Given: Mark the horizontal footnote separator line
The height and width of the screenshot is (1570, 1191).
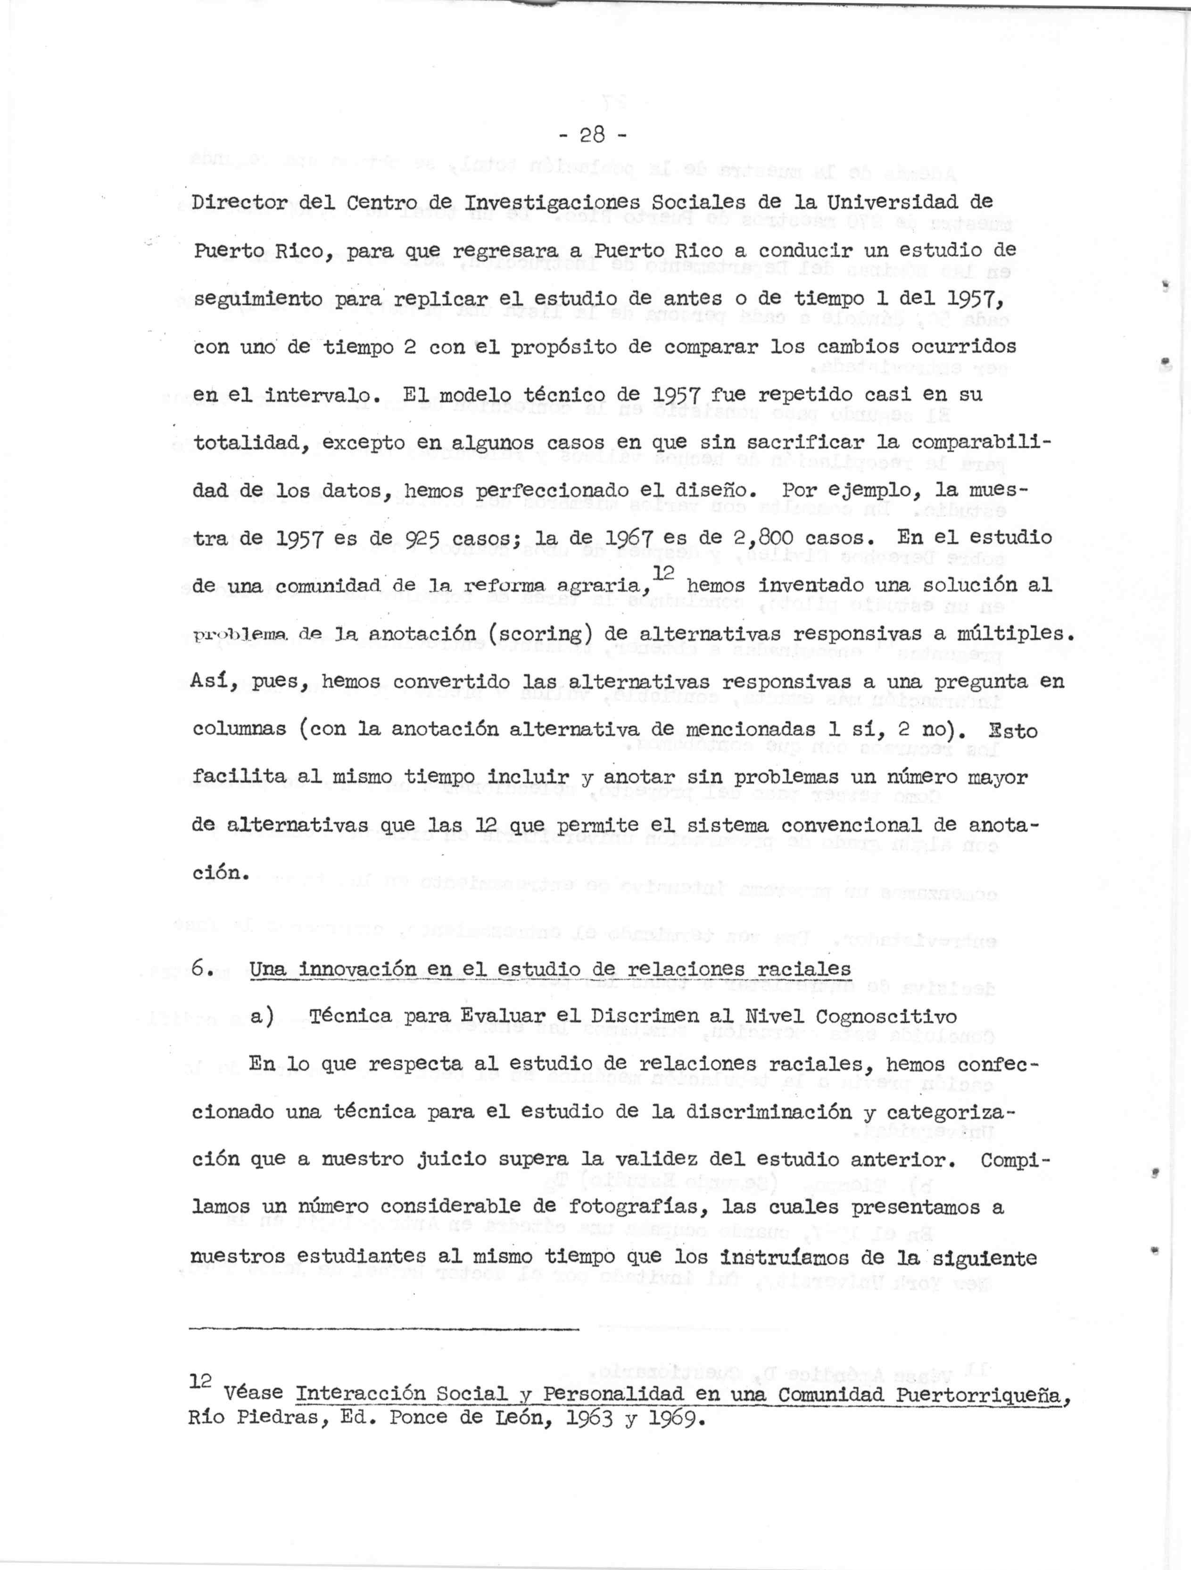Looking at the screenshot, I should tap(385, 1329).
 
